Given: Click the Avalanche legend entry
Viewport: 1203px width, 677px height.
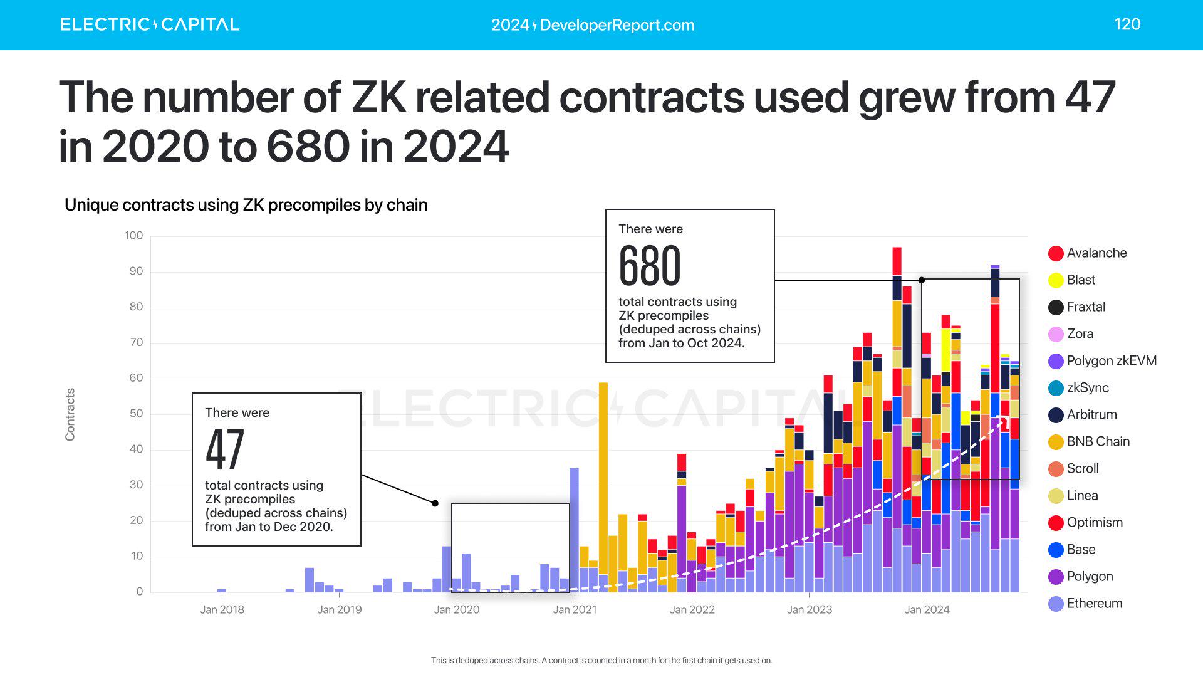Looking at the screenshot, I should point(1096,253).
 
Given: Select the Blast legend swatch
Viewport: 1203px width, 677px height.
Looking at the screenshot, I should point(1056,280).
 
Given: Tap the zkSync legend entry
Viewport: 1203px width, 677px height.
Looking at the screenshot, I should point(1087,388).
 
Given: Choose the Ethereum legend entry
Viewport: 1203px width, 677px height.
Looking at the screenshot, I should point(1094,604).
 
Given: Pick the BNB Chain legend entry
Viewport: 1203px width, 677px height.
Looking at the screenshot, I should point(1097,442).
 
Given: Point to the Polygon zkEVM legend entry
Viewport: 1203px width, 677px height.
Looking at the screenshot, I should point(1111,361).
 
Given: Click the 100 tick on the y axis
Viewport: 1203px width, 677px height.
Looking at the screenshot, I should point(133,236).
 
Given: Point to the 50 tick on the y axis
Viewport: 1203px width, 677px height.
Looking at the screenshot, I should point(136,414).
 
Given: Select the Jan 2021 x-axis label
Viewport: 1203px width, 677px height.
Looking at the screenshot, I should point(575,610).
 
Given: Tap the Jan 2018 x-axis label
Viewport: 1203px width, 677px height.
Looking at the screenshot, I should point(222,610).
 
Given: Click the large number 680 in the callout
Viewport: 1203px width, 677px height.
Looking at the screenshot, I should point(650,266).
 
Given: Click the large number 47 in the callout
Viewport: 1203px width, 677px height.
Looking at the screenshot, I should point(225,449).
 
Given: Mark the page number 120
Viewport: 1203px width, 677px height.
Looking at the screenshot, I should point(1127,24).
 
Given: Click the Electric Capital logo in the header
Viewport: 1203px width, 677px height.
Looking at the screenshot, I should point(150,24).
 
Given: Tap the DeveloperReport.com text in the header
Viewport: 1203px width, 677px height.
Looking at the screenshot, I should point(593,25).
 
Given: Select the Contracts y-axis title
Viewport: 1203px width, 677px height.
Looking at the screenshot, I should point(70,414).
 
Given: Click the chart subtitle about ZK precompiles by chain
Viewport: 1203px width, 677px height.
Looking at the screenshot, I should point(246,205).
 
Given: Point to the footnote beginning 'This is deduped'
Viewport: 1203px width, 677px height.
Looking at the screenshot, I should point(601,661).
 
